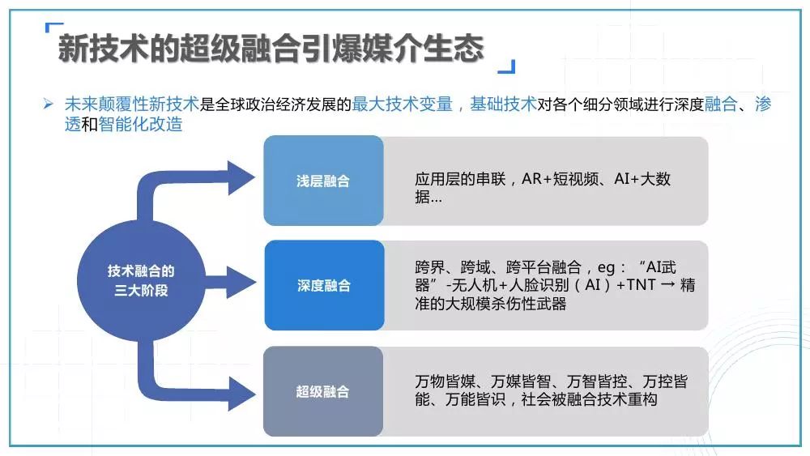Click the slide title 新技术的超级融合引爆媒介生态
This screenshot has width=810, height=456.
coord(271,49)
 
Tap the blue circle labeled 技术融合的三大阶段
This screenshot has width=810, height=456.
coord(141,280)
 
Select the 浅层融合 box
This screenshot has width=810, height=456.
coord(323,181)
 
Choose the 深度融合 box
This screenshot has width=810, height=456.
coord(325,285)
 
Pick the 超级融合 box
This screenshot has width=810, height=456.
coord(323,391)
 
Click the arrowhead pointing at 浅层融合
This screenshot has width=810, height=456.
coord(241,177)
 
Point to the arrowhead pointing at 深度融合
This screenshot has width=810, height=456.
coord(241,283)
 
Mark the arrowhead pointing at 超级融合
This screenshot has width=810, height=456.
coord(241,394)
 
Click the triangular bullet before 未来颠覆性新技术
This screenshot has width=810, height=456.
coord(49,104)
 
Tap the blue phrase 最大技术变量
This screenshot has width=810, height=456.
coord(403,104)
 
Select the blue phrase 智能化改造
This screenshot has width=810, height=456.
coord(140,124)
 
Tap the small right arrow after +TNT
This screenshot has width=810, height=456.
coord(668,284)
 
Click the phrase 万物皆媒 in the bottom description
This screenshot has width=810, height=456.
coord(445,381)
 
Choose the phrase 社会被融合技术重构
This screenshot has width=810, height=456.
coord(589,399)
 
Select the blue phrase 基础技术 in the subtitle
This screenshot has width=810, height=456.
coord(503,104)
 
